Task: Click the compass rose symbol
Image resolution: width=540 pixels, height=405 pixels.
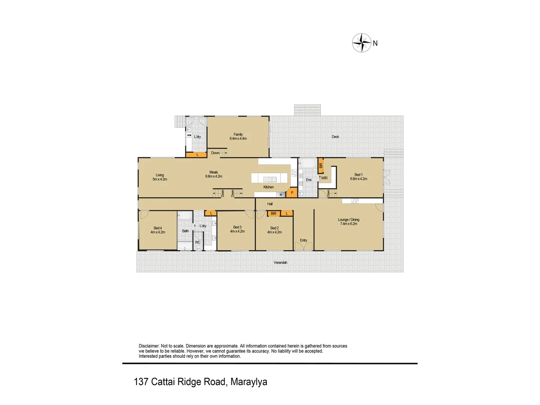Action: pyautogui.click(x=361, y=43)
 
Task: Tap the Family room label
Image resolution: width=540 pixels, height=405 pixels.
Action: pyautogui.click(x=238, y=136)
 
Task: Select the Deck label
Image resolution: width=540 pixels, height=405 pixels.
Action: pyautogui.click(x=335, y=137)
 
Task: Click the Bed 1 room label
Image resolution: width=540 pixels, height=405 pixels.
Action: pyautogui.click(x=358, y=177)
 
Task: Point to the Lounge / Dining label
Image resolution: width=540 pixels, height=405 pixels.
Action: pyautogui.click(x=348, y=222)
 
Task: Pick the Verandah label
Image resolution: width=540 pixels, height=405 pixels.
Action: pyautogui.click(x=280, y=262)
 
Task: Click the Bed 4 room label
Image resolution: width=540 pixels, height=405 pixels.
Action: pyautogui.click(x=158, y=230)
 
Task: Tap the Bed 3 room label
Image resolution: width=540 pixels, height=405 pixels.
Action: pyautogui.click(x=237, y=229)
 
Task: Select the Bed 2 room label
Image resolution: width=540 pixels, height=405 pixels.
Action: pyautogui.click(x=274, y=230)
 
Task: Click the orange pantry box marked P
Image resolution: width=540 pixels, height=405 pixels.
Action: pyautogui.click(x=292, y=193)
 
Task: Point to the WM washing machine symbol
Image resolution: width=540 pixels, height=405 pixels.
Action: pyautogui.click(x=189, y=135)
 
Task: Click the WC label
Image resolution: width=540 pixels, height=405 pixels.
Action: pyautogui.click(x=198, y=242)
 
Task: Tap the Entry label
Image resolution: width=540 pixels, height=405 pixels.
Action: pyautogui.click(x=303, y=240)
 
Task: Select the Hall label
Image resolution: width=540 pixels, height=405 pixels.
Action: pyautogui.click(x=270, y=204)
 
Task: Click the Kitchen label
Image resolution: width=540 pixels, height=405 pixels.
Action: pyautogui.click(x=268, y=187)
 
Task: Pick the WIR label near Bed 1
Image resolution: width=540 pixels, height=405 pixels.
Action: pyautogui.click(x=324, y=178)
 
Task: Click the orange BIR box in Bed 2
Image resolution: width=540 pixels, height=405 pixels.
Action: pyautogui.click(x=274, y=213)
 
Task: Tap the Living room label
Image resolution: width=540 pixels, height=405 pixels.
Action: pyautogui.click(x=160, y=177)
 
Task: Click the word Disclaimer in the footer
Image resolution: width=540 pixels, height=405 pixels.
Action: pyautogui.click(x=149, y=346)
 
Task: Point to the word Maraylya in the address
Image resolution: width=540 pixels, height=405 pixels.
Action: pyautogui.click(x=249, y=382)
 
